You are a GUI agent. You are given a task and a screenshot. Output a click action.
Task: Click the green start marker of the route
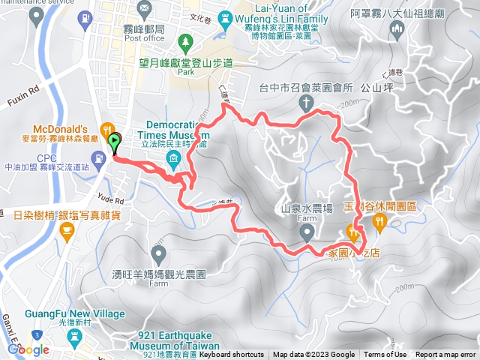[x=114, y=142]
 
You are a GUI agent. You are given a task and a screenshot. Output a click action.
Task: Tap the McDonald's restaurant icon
[x=106, y=128]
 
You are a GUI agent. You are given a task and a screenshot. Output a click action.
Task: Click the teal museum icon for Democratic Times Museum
[x=173, y=157]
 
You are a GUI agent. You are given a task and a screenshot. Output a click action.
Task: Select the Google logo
[x=28, y=349]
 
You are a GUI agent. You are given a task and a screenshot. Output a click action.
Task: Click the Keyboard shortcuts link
[x=232, y=355]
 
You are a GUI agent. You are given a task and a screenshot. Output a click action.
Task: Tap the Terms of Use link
[x=385, y=355]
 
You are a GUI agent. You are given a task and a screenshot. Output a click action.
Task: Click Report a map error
[x=446, y=355]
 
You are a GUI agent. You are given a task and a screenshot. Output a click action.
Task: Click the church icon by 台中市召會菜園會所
[x=305, y=101]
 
